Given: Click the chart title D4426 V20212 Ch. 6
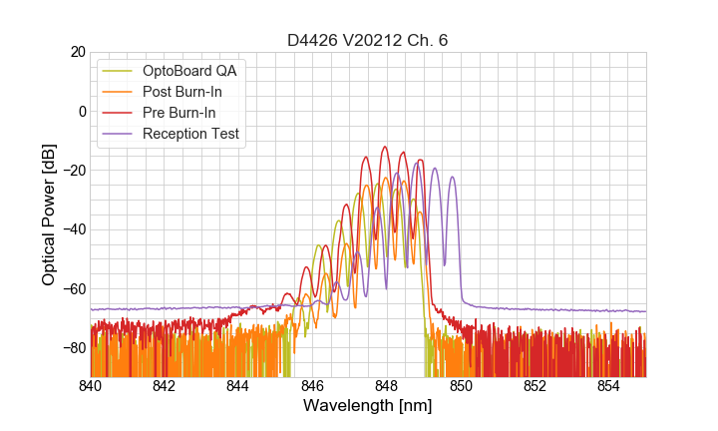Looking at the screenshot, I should click(367, 40).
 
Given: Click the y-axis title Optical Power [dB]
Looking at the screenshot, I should click(49, 214).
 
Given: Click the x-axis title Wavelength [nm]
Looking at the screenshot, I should click(367, 407).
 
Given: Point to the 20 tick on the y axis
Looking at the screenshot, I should click(73, 52).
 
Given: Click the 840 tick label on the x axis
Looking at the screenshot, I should click(91, 386).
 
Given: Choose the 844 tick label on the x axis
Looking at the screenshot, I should click(238, 386).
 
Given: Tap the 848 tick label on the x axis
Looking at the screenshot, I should click(387, 386).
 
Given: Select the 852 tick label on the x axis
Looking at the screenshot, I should click(535, 386).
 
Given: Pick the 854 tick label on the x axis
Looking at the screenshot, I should click(608, 386).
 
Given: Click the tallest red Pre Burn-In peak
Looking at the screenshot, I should click(385, 148).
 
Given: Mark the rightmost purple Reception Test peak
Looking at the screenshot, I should click(452, 178).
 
